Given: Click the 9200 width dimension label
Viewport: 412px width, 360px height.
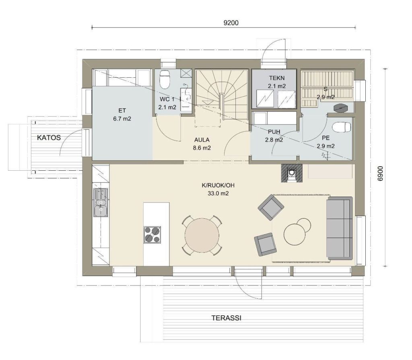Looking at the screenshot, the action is (x=231, y=23).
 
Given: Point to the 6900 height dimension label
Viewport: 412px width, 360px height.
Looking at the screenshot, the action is (x=380, y=174).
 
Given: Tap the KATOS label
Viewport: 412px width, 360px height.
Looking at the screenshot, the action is (x=49, y=138).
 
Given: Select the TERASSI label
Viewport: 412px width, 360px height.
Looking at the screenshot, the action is (x=227, y=318).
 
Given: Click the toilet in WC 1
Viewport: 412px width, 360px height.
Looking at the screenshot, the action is (x=165, y=79).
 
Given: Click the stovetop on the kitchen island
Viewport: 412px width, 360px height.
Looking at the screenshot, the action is (x=152, y=235).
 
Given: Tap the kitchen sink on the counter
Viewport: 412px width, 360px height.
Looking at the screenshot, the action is (x=100, y=203).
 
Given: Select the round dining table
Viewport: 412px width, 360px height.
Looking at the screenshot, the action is (x=202, y=235).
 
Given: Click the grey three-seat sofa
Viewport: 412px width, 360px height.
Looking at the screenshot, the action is (x=339, y=228).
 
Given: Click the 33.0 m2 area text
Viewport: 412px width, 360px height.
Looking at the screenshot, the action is (x=218, y=194).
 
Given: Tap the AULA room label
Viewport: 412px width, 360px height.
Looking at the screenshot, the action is (x=202, y=140).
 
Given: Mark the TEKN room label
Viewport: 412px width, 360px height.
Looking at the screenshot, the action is (x=277, y=78).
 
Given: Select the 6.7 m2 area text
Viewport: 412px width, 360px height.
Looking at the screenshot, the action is (x=122, y=119).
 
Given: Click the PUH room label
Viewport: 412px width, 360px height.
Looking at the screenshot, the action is (x=274, y=132).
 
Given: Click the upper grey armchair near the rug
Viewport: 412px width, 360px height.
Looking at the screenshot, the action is (x=271, y=207).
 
